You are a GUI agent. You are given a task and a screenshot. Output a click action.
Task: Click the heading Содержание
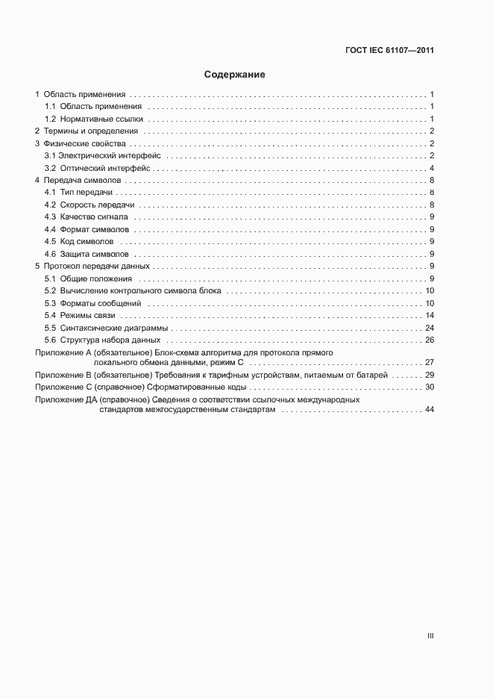tap(234, 75)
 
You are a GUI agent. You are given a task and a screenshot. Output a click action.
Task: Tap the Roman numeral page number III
tap(430, 636)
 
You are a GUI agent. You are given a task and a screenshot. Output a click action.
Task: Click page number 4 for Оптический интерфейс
tap(432, 168)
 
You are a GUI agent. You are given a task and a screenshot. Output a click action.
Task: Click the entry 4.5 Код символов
tap(79, 241)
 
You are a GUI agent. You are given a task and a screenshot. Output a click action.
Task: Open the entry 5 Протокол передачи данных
tap(93, 266)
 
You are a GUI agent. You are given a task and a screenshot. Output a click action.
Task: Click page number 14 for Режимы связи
tap(430, 316)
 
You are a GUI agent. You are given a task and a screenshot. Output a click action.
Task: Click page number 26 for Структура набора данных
tap(430, 340)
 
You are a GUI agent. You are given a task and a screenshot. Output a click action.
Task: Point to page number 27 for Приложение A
tap(430, 361)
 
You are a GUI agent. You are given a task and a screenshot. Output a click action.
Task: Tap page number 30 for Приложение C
tap(430, 387)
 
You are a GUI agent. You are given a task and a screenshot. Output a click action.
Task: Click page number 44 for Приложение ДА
tap(430, 410)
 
